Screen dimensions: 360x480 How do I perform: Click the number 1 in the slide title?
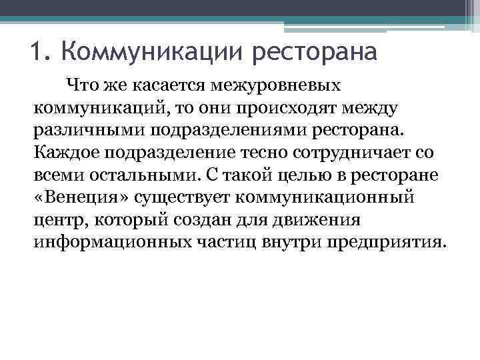37,51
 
